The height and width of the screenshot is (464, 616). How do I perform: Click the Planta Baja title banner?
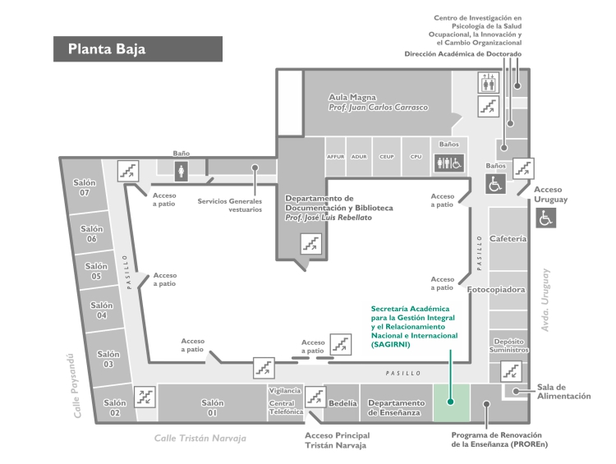click(x=138, y=49)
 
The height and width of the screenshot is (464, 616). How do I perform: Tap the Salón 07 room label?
click(x=85, y=188)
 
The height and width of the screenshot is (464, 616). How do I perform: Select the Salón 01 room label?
click(x=213, y=408)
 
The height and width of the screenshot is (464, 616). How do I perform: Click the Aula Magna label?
click(x=352, y=97)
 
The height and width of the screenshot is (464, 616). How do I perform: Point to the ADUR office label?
click(x=359, y=157)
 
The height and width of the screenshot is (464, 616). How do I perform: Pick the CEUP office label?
click(x=387, y=157)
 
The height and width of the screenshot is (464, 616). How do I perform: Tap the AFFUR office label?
click(x=335, y=157)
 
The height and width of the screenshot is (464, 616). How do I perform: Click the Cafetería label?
click(x=508, y=238)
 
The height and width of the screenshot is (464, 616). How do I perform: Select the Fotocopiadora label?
click(x=496, y=290)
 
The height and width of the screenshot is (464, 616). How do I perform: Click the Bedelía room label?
click(x=343, y=403)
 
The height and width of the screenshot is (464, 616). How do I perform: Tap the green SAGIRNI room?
click(x=452, y=402)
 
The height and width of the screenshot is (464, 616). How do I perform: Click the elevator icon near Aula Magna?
click(x=489, y=82)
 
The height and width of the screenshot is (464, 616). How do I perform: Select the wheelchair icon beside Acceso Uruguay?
click(x=545, y=218)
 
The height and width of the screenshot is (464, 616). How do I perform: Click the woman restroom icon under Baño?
click(x=182, y=172)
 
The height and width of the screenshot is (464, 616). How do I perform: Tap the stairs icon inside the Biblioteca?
click(x=311, y=244)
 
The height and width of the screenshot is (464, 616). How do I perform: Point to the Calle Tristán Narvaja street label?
click(x=200, y=438)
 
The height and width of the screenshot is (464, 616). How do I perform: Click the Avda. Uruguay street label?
click(x=545, y=301)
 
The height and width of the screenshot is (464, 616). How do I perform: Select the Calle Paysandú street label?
click(x=74, y=386)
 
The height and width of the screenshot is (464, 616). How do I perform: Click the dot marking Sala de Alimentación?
click(x=516, y=391)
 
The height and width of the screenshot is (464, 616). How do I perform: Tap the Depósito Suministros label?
click(x=508, y=346)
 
